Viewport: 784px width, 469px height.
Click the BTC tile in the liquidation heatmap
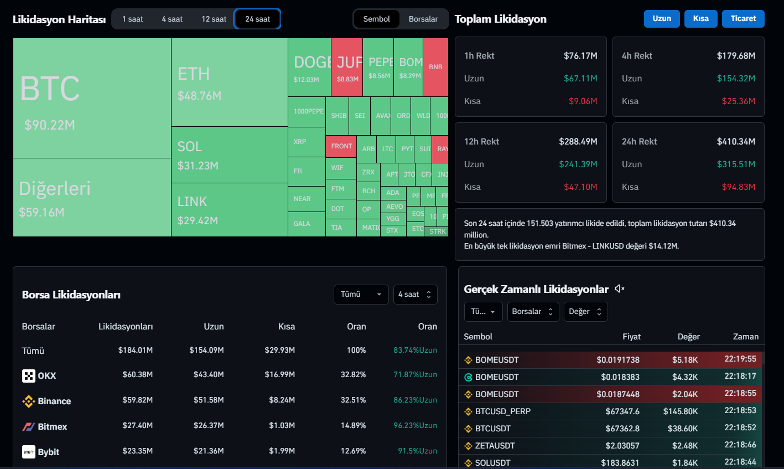[x=91, y=98]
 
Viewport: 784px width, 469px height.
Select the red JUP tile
[x=347, y=67]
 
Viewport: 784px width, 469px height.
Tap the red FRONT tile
[x=341, y=146]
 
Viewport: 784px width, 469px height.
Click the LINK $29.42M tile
[x=229, y=210]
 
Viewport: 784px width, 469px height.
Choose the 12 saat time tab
[x=214, y=19]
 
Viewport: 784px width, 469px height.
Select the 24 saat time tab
[x=258, y=19]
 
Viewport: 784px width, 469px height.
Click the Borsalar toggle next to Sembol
[x=423, y=19]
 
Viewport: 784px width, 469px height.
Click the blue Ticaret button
[x=743, y=19]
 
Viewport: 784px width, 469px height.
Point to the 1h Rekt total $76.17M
[x=580, y=55]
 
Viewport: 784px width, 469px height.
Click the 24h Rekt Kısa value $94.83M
[x=738, y=187]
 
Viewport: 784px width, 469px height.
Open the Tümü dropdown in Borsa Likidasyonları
[x=360, y=295]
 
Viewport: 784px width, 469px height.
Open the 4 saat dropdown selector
[x=415, y=295]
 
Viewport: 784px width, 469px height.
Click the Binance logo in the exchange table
[x=28, y=401]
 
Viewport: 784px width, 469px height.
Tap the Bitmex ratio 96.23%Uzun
[x=415, y=426]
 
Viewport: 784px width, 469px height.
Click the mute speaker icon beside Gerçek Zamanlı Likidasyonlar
[x=620, y=288]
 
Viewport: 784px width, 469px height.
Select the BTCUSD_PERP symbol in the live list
[x=502, y=411]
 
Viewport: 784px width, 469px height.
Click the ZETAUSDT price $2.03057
[x=622, y=446]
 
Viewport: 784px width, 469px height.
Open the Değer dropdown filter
[x=585, y=312]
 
